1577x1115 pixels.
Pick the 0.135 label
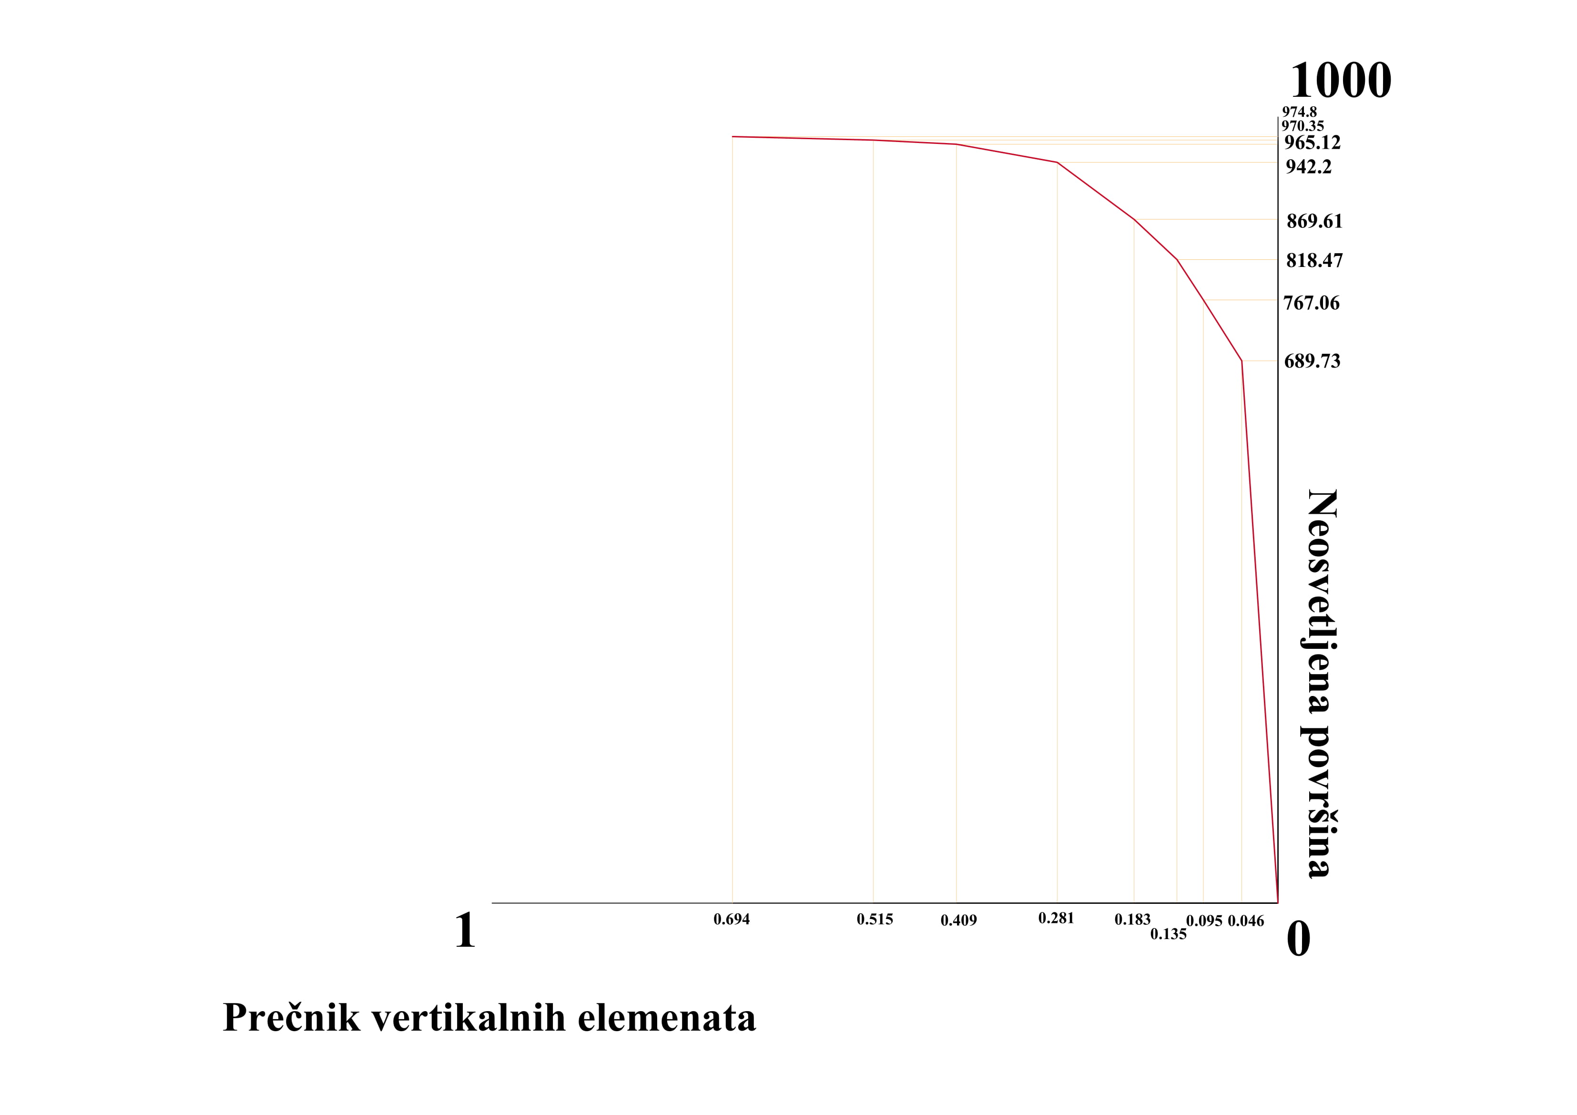tap(1168, 934)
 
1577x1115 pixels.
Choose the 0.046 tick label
tap(1245, 921)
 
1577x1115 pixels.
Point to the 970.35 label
tap(1302, 126)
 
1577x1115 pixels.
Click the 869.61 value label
tap(1314, 221)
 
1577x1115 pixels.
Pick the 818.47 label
tap(1314, 260)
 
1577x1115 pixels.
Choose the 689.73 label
tap(1312, 361)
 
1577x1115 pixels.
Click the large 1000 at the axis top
tap(1340, 81)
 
